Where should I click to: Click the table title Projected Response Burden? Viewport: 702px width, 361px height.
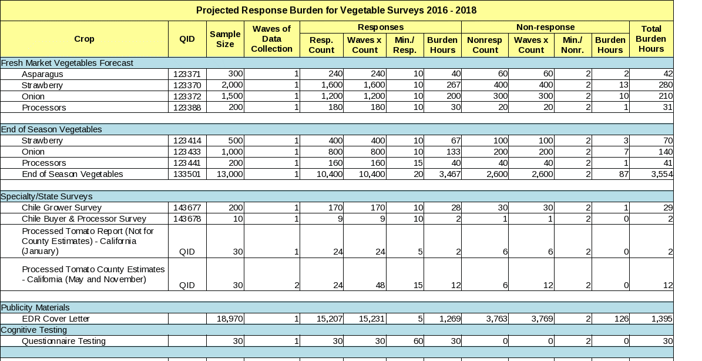point(336,11)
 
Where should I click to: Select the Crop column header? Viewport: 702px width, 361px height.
point(84,39)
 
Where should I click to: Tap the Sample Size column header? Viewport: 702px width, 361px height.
point(225,39)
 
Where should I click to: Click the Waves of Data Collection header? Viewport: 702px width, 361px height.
point(271,39)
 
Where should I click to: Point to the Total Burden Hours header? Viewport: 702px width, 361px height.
point(651,39)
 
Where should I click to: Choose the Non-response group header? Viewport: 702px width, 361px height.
point(545,28)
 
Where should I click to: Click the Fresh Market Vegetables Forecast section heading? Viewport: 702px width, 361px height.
point(67,63)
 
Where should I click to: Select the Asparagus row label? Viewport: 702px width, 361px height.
point(42,74)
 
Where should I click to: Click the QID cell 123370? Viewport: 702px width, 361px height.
point(187,85)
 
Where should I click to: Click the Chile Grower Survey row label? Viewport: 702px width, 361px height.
point(62,208)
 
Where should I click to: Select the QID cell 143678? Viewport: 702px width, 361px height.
point(187,219)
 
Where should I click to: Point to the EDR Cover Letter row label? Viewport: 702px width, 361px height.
point(56,319)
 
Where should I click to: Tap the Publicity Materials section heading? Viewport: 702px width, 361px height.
point(35,307)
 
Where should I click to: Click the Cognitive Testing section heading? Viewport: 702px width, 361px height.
point(34,330)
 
